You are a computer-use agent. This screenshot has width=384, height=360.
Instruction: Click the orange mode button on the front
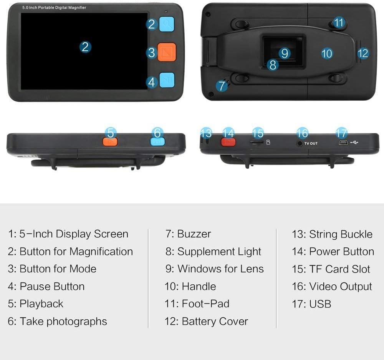[x=167, y=52]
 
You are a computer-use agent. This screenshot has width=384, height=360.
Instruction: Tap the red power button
[x=228, y=142]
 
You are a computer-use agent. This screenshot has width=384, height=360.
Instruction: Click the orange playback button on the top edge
[x=110, y=141]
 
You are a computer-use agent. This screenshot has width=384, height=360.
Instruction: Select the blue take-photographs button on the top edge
[x=157, y=141]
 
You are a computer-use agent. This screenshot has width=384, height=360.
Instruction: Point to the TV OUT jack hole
[x=299, y=143]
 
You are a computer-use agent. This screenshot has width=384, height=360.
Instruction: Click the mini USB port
[x=343, y=143]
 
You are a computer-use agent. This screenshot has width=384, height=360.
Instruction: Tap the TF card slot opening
[x=257, y=142]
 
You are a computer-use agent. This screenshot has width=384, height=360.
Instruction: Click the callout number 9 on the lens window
[x=285, y=53]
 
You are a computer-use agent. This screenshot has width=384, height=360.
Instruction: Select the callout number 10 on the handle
[x=327, y=54]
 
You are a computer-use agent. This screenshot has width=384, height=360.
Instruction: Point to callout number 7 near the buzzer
[x=222, y=86]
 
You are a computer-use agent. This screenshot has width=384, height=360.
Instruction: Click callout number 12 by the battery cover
[x=363, y=53]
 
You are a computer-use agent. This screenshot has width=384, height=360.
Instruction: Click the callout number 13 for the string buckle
[x=206, y=133]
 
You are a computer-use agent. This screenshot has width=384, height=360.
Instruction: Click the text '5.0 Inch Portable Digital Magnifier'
[x=54, y=8]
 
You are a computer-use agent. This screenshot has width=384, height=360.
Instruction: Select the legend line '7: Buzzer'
[x=188, y=234]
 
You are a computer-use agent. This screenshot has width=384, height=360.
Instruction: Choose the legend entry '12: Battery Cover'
[x=206, y=321]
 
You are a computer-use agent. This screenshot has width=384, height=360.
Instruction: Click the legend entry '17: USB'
[x=311, y=304]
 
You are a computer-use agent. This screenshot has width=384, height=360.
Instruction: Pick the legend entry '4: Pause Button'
[x=46, y=286]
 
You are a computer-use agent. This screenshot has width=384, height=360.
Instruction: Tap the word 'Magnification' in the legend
[x=101, y=251]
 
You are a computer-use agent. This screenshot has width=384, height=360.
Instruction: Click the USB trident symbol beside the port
[x=354, y=142]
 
